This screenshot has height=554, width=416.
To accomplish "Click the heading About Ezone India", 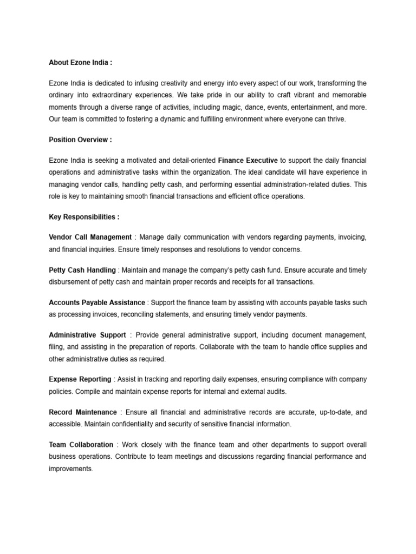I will (x=80, y=62).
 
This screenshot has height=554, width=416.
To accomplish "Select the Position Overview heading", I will (x=80, y=140).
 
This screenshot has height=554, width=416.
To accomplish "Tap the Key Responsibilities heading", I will (x=84, y=217).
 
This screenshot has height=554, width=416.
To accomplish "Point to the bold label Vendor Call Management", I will (x=90, y=237).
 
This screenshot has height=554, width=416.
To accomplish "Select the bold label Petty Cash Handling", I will (x=82, y=270).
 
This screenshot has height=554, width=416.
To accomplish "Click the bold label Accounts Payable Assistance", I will (x=97, y=302).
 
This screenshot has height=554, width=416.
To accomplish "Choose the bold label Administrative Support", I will (x=87, y=335).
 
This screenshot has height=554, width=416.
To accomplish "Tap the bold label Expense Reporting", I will (x=80, y=379).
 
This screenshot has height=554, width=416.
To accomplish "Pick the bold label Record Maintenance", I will (x=82, y=412).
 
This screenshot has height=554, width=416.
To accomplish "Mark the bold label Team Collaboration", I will (x=81, y=445).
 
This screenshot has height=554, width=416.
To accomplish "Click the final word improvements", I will (x=70, y=469).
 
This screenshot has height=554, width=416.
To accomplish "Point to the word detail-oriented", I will (x=190, y=160).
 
